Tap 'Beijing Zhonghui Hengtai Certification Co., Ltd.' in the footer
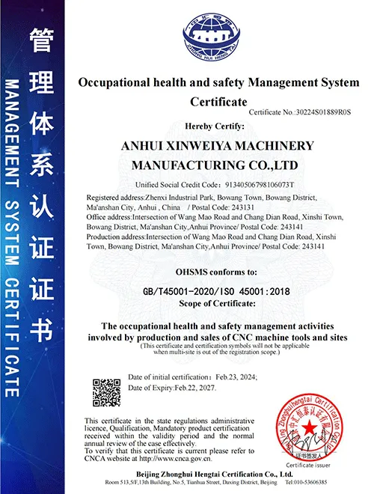(218, 475)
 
